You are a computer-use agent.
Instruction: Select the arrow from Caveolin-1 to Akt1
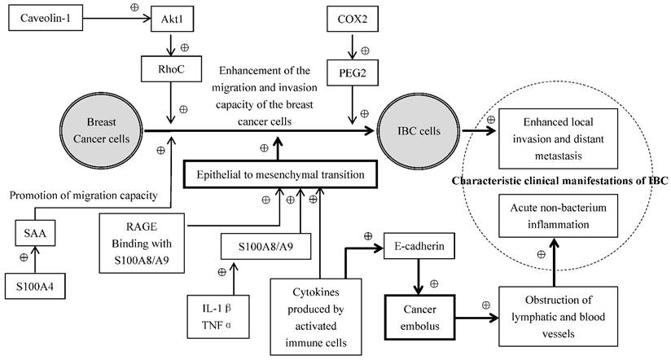[121, 17]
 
